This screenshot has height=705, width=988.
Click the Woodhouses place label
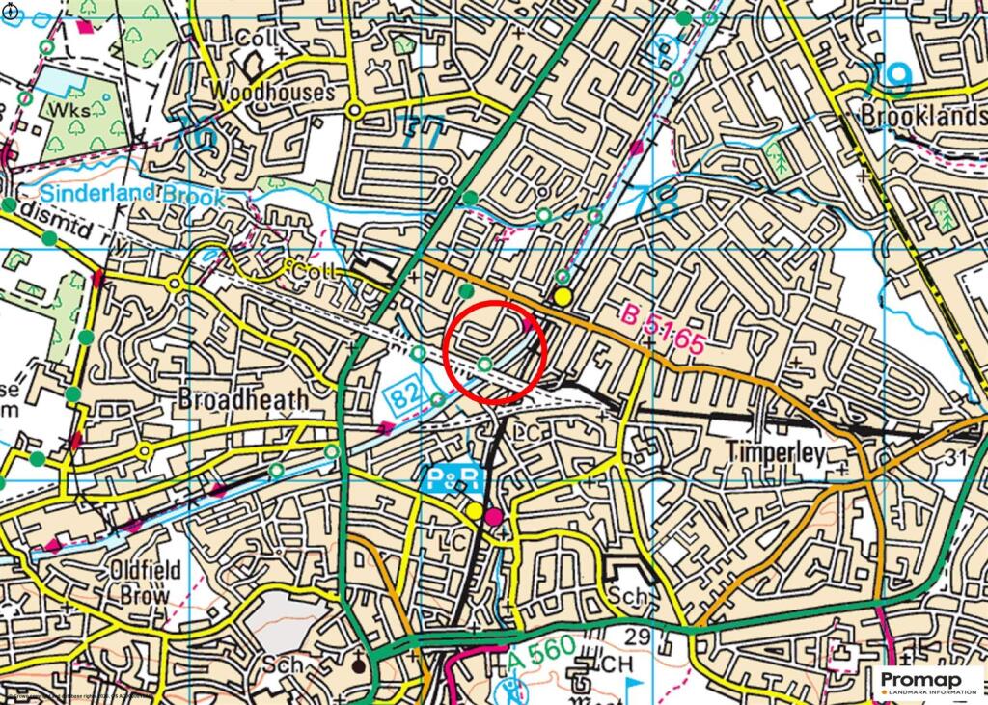click(x=273, y=93)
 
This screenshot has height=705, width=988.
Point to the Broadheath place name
click(x=244, y=399)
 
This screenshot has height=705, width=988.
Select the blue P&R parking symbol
click(x=449, y=478)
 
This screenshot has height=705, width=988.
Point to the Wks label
click(x=73, y=109)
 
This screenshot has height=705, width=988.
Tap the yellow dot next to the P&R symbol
click(x=475, y=509)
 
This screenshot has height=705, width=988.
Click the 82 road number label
click(x=405, y=393)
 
